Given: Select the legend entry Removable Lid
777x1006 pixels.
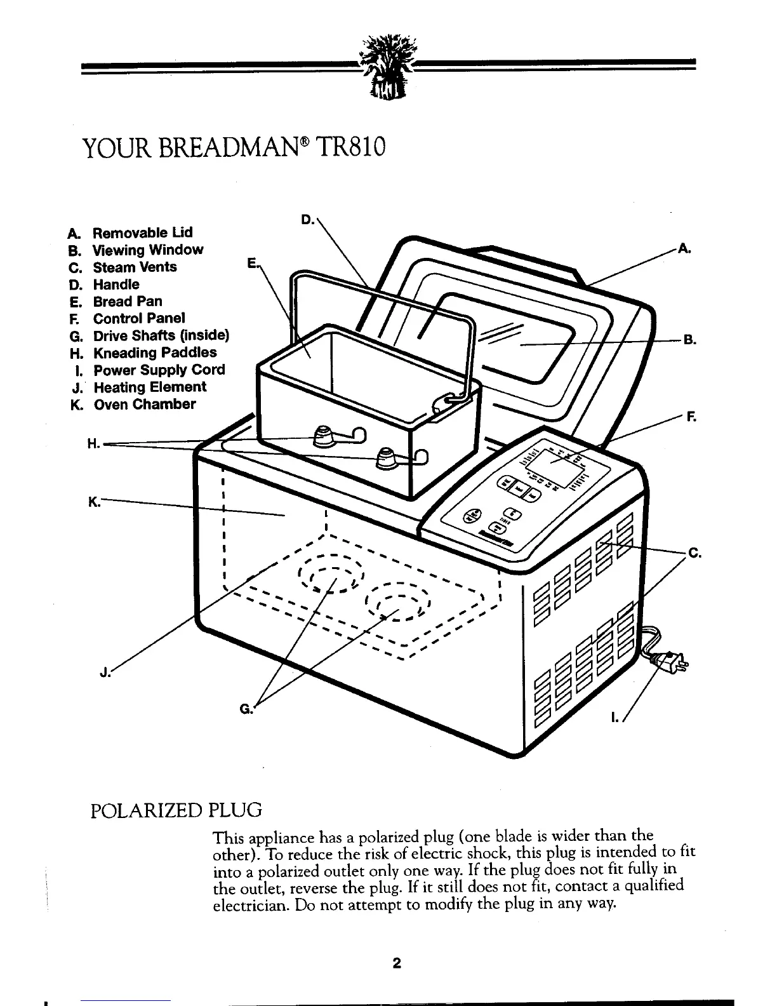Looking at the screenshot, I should tap(143, 232).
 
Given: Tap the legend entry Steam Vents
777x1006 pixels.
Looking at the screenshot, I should tap(135, 267).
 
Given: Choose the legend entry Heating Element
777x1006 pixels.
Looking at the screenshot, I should tap(150, 387).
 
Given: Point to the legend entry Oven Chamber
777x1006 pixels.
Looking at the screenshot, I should tap(145, 405).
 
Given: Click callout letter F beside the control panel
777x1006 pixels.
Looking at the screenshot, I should tap(690, 418).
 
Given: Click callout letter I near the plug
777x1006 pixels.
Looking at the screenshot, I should tap(614, 718).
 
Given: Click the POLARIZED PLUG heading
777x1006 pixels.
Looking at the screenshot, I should tap(177, 811).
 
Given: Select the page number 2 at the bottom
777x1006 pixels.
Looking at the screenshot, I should tap(396, 963).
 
